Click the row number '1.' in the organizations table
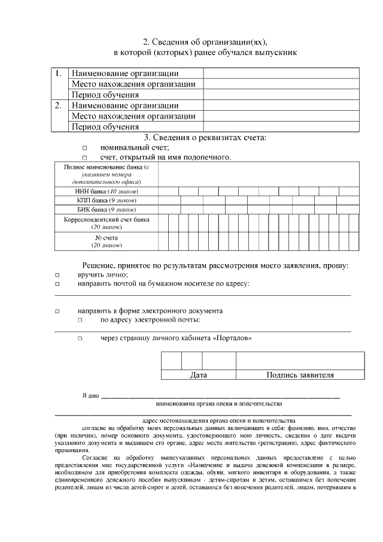click(x=58, y=74)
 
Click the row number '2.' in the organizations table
click(x=58, y=105)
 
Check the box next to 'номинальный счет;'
click(x=84, y=148)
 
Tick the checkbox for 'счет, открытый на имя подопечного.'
click(x=84, y=158)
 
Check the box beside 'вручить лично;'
click(x=57, y=274)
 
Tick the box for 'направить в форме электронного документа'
click(x=57, y=311)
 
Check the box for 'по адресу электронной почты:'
click(x=79, y=320)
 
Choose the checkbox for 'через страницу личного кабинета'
click(x=79, y=339)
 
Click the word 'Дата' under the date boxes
click(x=198, y=376)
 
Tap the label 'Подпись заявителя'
click(x=300, y=376)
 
